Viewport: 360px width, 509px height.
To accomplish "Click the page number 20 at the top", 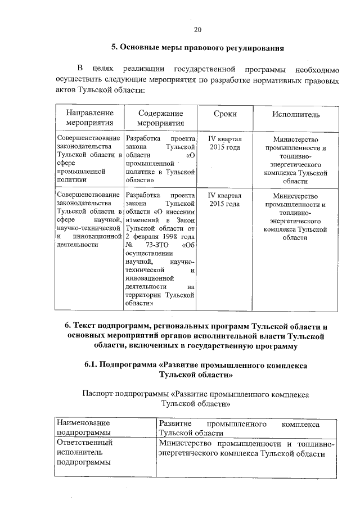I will click(197, 30).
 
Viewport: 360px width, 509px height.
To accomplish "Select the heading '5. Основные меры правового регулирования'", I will click(197, 48).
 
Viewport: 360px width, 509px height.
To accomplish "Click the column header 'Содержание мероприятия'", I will click(160, 118).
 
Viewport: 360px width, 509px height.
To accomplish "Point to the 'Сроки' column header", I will click(224, 114).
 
